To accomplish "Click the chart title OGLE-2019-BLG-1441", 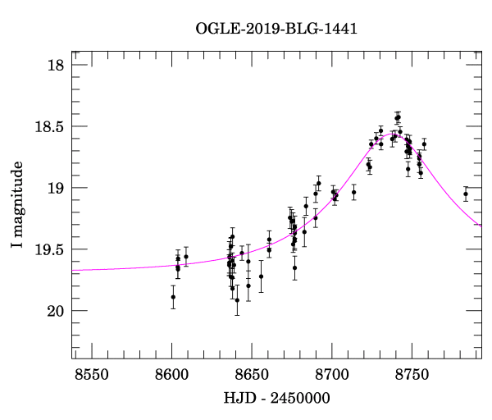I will [x=276, y=30].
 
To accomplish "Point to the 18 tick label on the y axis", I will [x=56, y=65].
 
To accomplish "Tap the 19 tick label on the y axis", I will [x=56, y=188].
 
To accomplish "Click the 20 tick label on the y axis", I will [x=56, y=311].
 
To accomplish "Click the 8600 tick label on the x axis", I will [x=171, y=374].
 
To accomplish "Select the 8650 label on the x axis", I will [x=252, y=374].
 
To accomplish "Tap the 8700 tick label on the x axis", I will [x=331, y=374].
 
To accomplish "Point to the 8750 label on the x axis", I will [x=412, y=374].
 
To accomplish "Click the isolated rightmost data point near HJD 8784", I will [x=466, y=194].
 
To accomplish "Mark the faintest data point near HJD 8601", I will [x=173, y=297].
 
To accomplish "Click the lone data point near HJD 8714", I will [x=353, y=193].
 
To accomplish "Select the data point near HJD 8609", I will [x=186, y=257].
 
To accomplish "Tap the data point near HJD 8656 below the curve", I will [x=261, y=276].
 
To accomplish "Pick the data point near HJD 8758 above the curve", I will [x=424, y=144].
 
